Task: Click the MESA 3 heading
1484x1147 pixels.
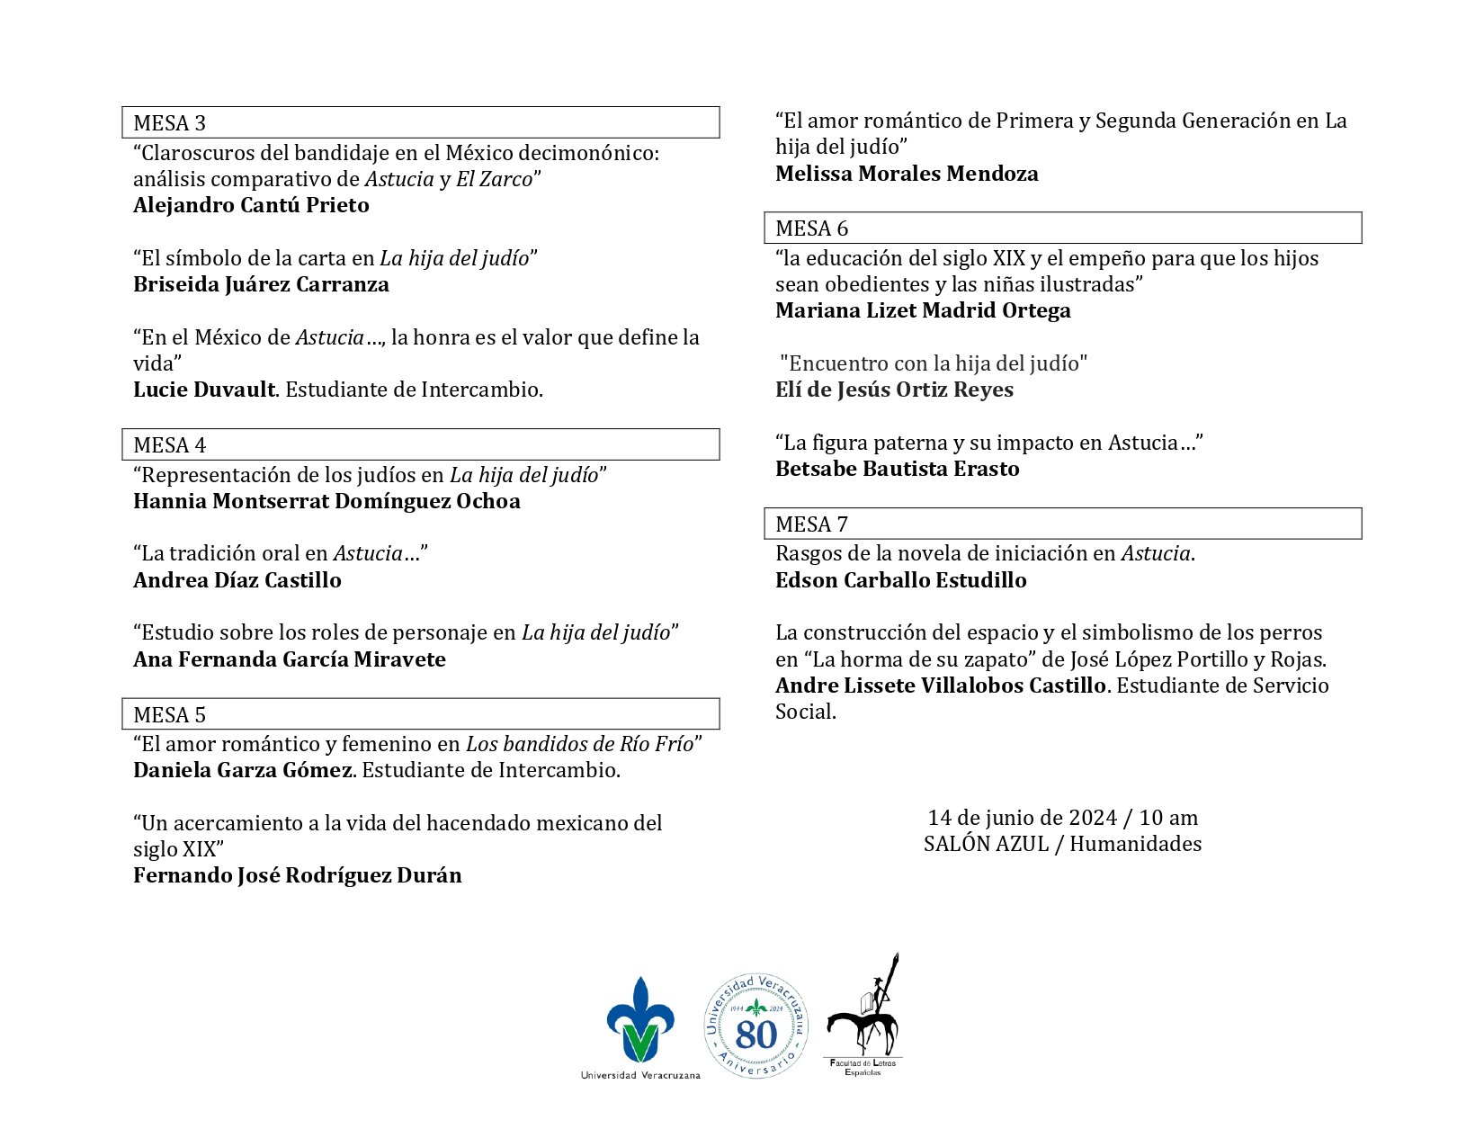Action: click(x=169, y=123)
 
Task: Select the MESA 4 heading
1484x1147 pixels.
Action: click(x=169, y=445)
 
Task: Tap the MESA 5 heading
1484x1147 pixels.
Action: click(x=169, y=715)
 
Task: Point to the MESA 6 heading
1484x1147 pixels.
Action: click(x=811, y=229)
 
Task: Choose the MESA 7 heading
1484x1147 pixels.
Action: click(x=811, y=524)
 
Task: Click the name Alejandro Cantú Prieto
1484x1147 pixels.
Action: click(x=251, y=205)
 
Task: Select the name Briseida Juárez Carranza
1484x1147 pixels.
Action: click(x=261, y=284)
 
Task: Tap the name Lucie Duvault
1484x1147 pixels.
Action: click(x=204, y=390)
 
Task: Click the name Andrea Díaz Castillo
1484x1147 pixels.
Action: click(x=237, y=580)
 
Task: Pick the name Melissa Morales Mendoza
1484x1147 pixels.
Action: click(x=907, y=174)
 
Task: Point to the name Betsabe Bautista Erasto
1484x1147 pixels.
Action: click(x=897, y=469)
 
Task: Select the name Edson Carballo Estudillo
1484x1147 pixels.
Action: click(x=900, y=580)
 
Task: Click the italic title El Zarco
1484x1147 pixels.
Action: click(x=494, y=179)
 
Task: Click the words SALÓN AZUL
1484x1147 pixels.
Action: click(x=986, y=844)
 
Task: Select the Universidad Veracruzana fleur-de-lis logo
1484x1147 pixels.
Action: click(x=640, y=1020)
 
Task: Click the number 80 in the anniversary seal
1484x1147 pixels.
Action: click(x=755, y=1035)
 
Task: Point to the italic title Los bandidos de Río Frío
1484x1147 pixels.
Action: click(x=579, y=744)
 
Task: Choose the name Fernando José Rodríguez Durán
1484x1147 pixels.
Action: click(x=297, y=875)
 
